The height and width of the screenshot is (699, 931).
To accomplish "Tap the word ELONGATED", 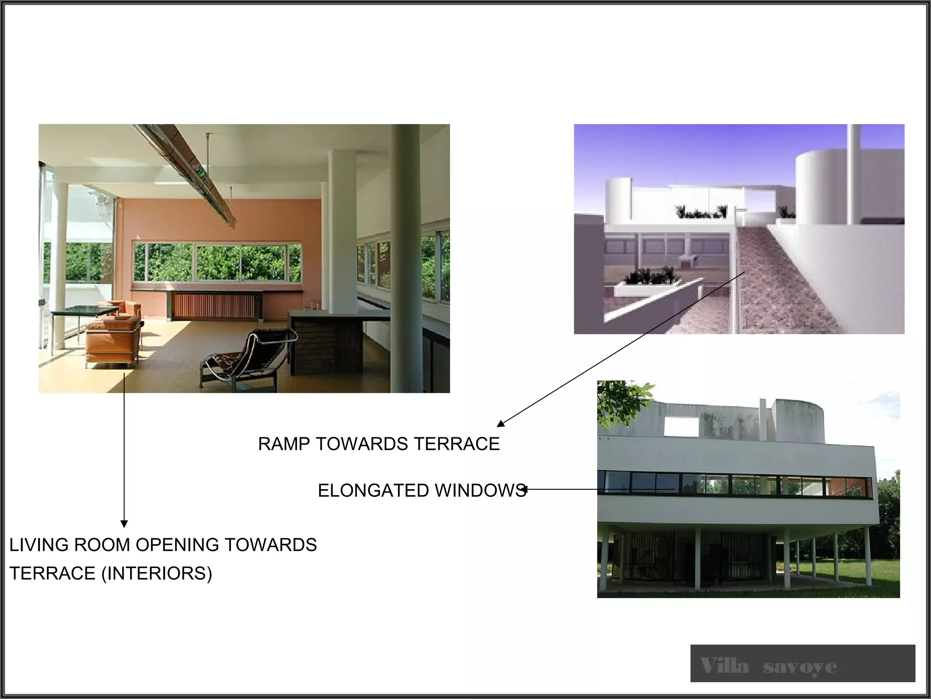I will tap(373, 491).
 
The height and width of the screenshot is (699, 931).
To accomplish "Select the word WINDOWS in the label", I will tap(480, 491).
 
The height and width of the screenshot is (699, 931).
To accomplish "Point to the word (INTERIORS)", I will tap(156, 573).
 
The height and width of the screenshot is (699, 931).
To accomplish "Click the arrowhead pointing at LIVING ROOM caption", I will tap(124, 524).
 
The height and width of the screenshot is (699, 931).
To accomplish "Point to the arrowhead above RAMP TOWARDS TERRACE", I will tap(501, 423).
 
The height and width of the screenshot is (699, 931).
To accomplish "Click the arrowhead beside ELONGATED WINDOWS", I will tap(525, 490).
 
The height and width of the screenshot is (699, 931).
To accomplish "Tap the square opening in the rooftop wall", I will tap(681, 427).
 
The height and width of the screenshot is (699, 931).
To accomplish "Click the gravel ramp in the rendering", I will tap(782, 282).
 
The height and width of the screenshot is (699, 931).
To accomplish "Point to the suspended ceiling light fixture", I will tap(191, 173).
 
